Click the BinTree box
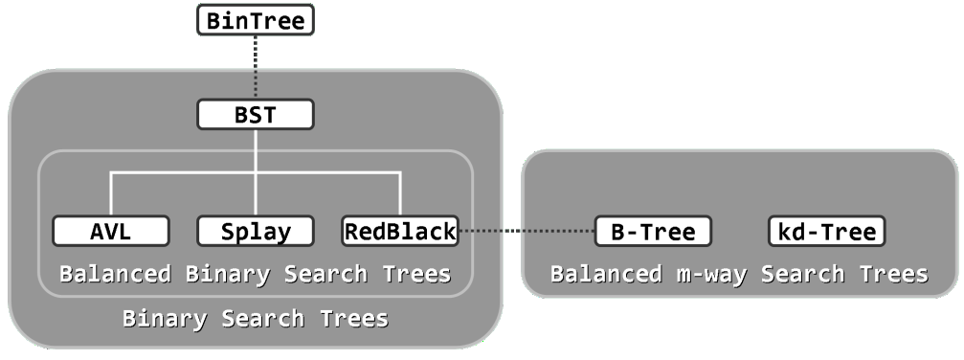click(255, 20)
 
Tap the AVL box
click(111, 231)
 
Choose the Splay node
click(256, 231)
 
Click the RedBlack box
click(400, 231)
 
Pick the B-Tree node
click(652, 231)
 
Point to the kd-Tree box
click(825, 231)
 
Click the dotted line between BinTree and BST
click(256, 67)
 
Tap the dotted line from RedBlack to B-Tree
click(526, 231)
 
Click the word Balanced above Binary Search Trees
click(115, 274)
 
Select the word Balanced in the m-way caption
click(604, 275)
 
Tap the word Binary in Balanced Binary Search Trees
click(228, 274)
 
